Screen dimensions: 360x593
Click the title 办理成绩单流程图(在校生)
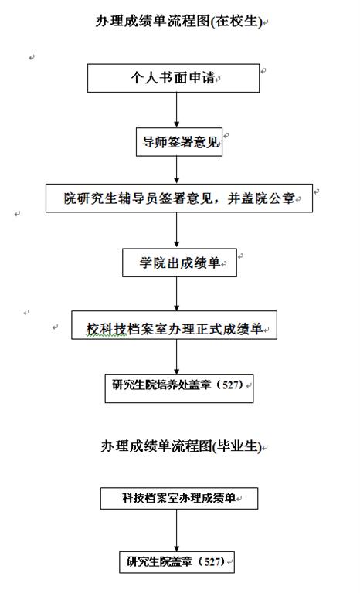[178, 21]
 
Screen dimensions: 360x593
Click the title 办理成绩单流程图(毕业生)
[182, 446]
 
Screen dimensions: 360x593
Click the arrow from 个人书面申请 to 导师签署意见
[176, 110]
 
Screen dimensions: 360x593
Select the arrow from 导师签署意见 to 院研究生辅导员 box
[176, 170]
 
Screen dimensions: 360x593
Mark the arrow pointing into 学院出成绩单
[176, 230]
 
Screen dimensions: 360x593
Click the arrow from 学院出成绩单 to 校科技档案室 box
[176, 293]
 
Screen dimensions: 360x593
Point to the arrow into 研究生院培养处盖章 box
[176, 357]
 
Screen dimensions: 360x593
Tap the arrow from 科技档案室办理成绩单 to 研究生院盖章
[176, 530]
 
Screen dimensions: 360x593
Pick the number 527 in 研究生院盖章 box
[212, 561]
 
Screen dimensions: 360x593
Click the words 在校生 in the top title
[236, 21]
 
